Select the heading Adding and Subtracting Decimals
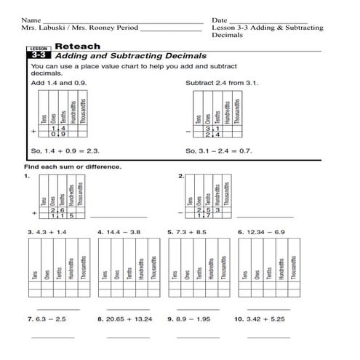tap(131, 56)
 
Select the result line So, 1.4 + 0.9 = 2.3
tap(65, 151)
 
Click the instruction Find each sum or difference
tap(73, 167)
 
